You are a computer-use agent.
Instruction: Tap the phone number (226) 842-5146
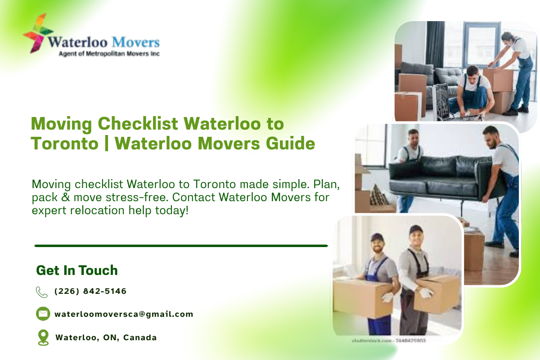pos(90,291)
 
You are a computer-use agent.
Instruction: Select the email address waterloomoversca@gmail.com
pos(124,314)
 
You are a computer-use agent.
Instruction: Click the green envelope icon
pos(43,314)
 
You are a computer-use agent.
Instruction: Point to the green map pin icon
pos(43,337)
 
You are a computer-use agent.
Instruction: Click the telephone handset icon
pos(42,292)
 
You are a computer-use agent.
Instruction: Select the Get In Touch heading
pos(77,270)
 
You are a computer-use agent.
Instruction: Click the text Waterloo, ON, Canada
pos(106,337)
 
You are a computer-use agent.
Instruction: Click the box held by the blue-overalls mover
pos(362,297)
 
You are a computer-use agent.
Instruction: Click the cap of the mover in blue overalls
pos(377,237)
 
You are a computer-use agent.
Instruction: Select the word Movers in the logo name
pos(135,42)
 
